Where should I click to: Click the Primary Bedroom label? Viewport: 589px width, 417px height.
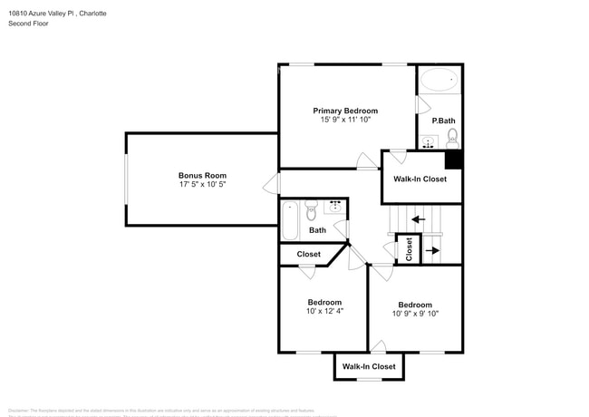pyautogui.click(x=345, y=111)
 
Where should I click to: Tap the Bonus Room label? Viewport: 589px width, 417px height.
pyautogui.click(x=202, y=175)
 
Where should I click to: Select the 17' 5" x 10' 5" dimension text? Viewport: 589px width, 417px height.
pyautogui.click(x=202, y=185)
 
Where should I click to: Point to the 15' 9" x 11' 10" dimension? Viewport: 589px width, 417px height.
pyautogui.click(x=345, y=120)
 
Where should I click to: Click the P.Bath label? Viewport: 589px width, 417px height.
pyautogui.click(x=443, y=121)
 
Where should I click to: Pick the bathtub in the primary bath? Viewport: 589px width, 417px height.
pyautogui.click(x=439, y=80)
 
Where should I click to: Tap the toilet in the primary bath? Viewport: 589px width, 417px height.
pyautogui.click(x=452, y=138)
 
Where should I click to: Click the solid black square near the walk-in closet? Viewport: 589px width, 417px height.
pyautogui.click(x=453, y=160)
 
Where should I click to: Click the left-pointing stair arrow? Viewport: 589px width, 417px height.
pyautogui.click(x=417, y=218)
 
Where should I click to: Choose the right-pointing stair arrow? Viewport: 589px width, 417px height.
pyautogui.click(x=432, y=250)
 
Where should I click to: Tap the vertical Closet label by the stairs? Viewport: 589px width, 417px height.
pyautogui.click(x=409, y=248)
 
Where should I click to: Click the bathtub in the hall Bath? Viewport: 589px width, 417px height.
pyautogui.click(x=290, y=221)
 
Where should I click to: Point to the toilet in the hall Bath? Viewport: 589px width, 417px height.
pyautogui.click(x=311, y=212)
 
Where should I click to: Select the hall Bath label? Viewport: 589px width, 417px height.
pyautogui.click(x=317, y=230)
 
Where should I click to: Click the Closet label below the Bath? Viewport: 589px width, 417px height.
pyautogui.click(x=309, y=255)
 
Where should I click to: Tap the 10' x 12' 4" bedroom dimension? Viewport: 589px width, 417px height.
pyautogui.click(x=324, y=311)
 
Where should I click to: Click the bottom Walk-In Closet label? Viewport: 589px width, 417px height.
pyautogui.click(x=369, y=366)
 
